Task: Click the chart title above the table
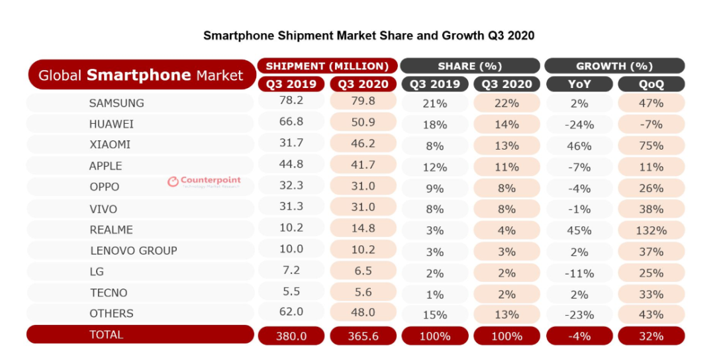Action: click(x=369, y=35)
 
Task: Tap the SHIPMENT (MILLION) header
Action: click(x=327, y=66)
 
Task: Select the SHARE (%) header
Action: click(x=470, y=66)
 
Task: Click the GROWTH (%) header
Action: click(x=614, y=66)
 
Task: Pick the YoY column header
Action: click(x=578, y=85)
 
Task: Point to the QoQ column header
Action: click(x=651, y=85)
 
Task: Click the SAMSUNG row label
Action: click(x=117, y=103)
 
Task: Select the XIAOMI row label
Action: click(x=110, y=145)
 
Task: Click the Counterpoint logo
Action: click(x=204, y=181)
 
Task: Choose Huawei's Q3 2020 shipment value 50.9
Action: click(x=363, y=124)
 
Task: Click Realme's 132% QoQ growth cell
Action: click(x=651, y=230)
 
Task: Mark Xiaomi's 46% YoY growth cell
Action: click(x=578, y=146)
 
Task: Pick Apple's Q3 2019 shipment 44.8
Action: click(x=291, y=166)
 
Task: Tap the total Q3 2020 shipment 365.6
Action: click(x=363, y=336)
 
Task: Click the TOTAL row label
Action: click(x=107, y=335)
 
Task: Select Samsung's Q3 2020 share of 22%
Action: click(x=506, y=103)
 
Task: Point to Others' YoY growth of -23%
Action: click(x=578, y=315)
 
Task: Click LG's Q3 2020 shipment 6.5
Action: click(x=363, y=272)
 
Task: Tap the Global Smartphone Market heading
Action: click(x=141, y=75)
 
